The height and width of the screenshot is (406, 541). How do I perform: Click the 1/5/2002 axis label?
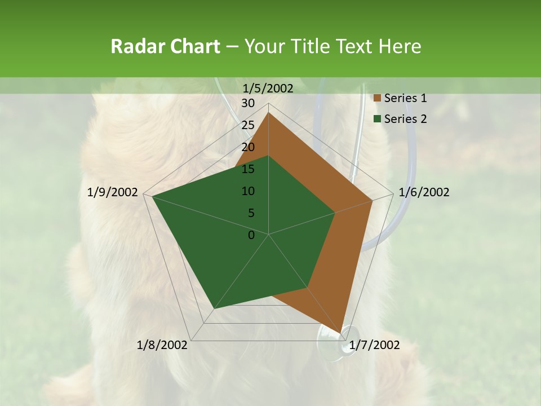coord(268,89)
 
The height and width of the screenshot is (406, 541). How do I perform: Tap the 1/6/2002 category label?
coord(424,192)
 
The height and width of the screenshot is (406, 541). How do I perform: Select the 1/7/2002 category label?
coord(374,345)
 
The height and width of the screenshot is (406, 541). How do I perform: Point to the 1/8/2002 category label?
coord(162,345)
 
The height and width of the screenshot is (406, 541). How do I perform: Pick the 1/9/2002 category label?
coord(113,192)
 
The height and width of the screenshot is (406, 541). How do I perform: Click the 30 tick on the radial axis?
coord(248,103)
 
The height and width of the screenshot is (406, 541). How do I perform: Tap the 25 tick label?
coord(248,125)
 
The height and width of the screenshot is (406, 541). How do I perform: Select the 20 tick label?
coord(248,147)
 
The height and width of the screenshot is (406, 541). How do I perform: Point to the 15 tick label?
coord(248,169)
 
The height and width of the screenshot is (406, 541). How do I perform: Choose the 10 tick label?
coord(248,191)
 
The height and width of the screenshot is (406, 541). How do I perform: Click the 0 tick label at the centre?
coord(251,235)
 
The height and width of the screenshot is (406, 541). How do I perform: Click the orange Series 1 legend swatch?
coord(377,99)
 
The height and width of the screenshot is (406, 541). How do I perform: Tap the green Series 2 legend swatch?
coord(377,119)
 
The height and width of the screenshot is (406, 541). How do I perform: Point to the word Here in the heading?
coord(400,46)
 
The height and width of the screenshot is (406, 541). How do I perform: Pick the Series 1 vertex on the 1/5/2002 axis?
coord(269,112)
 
